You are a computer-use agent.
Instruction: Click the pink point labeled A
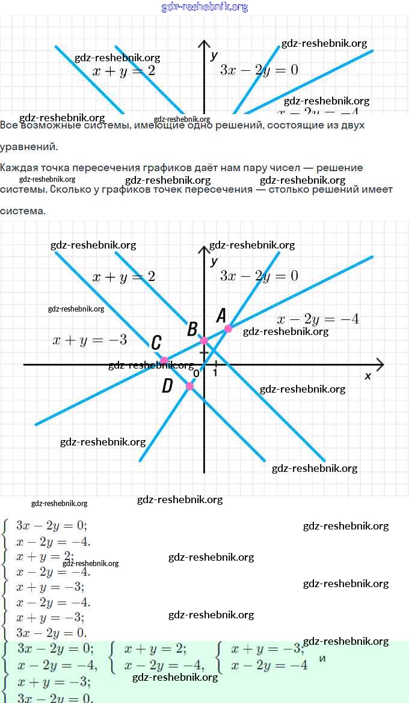tap(227, 328)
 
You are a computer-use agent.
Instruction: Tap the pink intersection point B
tap(204, 340)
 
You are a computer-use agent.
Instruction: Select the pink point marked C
tap(164, 360)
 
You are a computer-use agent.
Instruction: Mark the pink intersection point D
tap(190, 386)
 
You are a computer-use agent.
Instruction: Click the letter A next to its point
tap(221, 315)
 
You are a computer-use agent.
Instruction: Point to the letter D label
tap(168, 386)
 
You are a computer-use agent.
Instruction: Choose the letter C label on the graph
tap(156, 343)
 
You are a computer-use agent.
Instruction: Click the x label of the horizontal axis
tap(368, 376)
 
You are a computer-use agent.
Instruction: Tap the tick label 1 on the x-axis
tap(215, 373)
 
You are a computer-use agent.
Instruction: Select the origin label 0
tap(196, 373)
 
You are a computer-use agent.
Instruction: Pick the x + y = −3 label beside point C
tap(90, 340)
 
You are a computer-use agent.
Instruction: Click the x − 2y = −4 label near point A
tap(317, 319)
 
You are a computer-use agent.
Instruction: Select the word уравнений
tap(28, 146)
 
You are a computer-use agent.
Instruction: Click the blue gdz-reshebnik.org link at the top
tap(204, 7)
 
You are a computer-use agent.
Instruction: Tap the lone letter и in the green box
tap(322, 658)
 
